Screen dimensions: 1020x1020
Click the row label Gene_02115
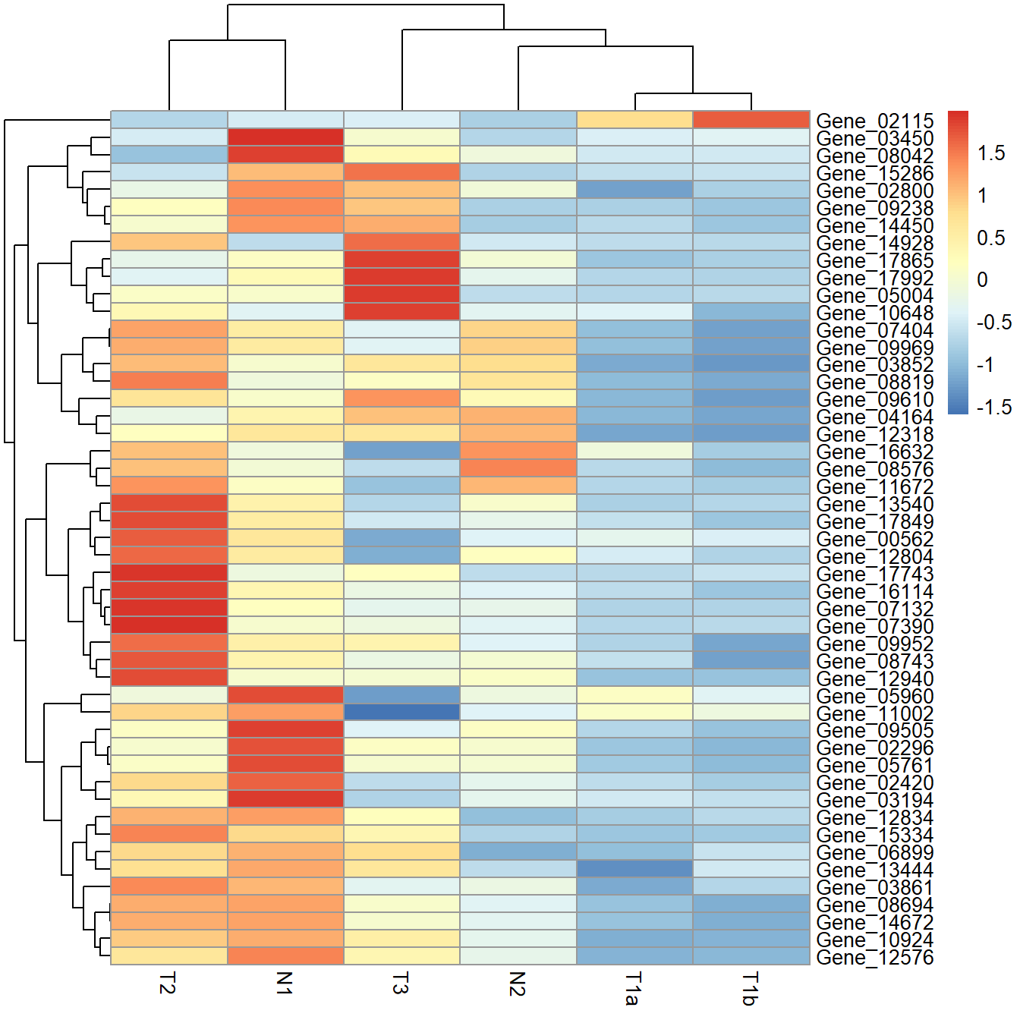pyautogui.click(x=874, y=121)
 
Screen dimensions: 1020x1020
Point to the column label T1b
pyautogui.click(x=751, y=988)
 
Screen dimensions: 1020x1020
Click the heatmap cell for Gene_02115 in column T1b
pyautogui.click(x=751, y=120)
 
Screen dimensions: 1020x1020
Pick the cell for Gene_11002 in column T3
pyautogui.click(x=401, y=713)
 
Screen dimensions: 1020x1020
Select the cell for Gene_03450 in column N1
pyautogui.click(x=285, y=137)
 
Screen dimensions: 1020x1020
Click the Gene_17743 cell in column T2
pyautogui.click(x=169, y=573)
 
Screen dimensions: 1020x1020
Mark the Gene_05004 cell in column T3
pyautogui.click(x=401, y=294)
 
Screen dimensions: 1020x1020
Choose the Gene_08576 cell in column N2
pyautogui.click(x=518, y=469)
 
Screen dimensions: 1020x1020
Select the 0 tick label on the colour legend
pyautogui.click(x=983, y=280)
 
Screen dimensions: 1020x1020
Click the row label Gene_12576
pyautogui.click(x=874, y=957)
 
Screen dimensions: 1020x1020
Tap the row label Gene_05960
pyautogui.click(x=874, y=696)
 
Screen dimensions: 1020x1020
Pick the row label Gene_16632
pyautogui.click(x=874, y=452)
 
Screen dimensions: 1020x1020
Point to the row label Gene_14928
pyautogui.click(x=874, y=243)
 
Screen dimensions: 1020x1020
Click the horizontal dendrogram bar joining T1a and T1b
pyautogui.click(x=693, y=93)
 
